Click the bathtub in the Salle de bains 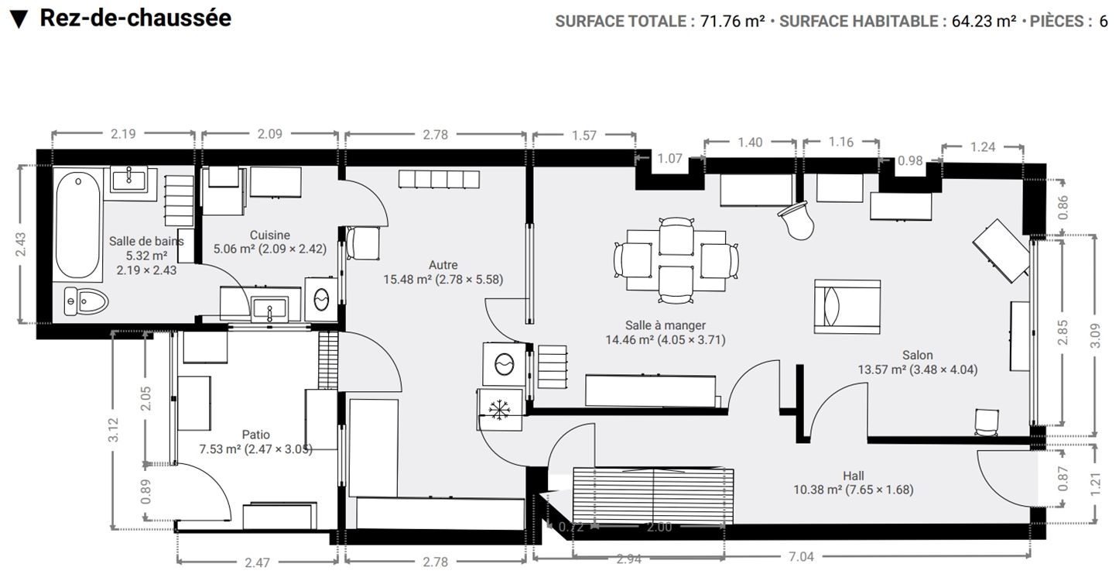point(77,225)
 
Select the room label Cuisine point(270,235)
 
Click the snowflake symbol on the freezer point(499,410)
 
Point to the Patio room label point(256,435)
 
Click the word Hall point(854,476)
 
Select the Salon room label point(917,355)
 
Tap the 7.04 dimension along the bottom point(801,556)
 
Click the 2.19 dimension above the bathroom point(123,134)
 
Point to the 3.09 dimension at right point(1095,336)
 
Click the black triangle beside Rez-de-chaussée point(19,19)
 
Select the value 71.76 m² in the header point(732,22)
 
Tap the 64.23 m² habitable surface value point(984,22)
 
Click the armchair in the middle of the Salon point(847,307)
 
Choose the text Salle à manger point(666,325)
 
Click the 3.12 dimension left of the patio point(114,429)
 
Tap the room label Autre point(443,265)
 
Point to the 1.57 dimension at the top point(584,136)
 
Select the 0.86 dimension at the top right point(1063,207)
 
